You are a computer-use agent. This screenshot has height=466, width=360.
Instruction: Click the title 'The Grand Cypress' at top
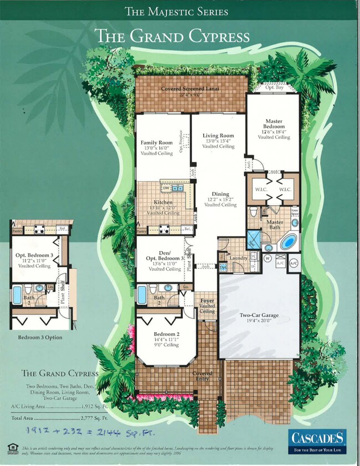(x=172, y=37)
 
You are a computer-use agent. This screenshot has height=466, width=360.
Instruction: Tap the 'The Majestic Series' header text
(x=176, y=11)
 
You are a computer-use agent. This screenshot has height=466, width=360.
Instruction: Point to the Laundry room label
(x=238, y=257)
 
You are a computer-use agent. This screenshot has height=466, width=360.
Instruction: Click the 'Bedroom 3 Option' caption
(x=40, y=337)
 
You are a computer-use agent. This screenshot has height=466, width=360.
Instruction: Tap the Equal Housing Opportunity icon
(x=12, y=447)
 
